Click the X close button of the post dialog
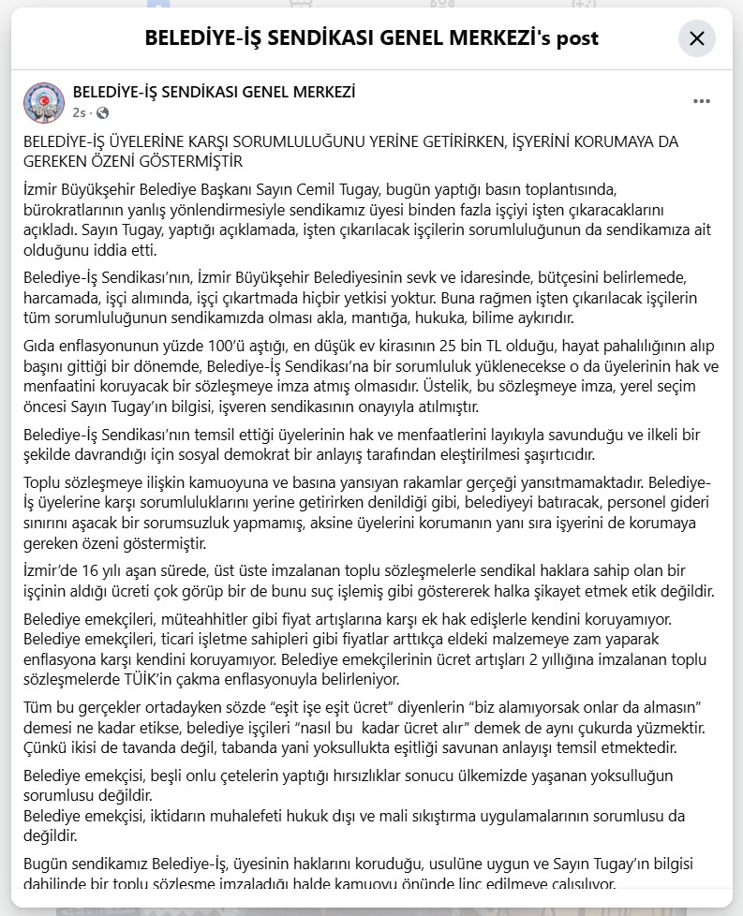click(x=696, y=38)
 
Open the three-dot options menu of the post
click(x=702, y=101)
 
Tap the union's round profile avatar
click(x=43, y=102)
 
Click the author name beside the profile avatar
click(x=214, y=92)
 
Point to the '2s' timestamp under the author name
click(x=79, y=112)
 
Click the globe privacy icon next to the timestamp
click(x=102, y=112)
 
